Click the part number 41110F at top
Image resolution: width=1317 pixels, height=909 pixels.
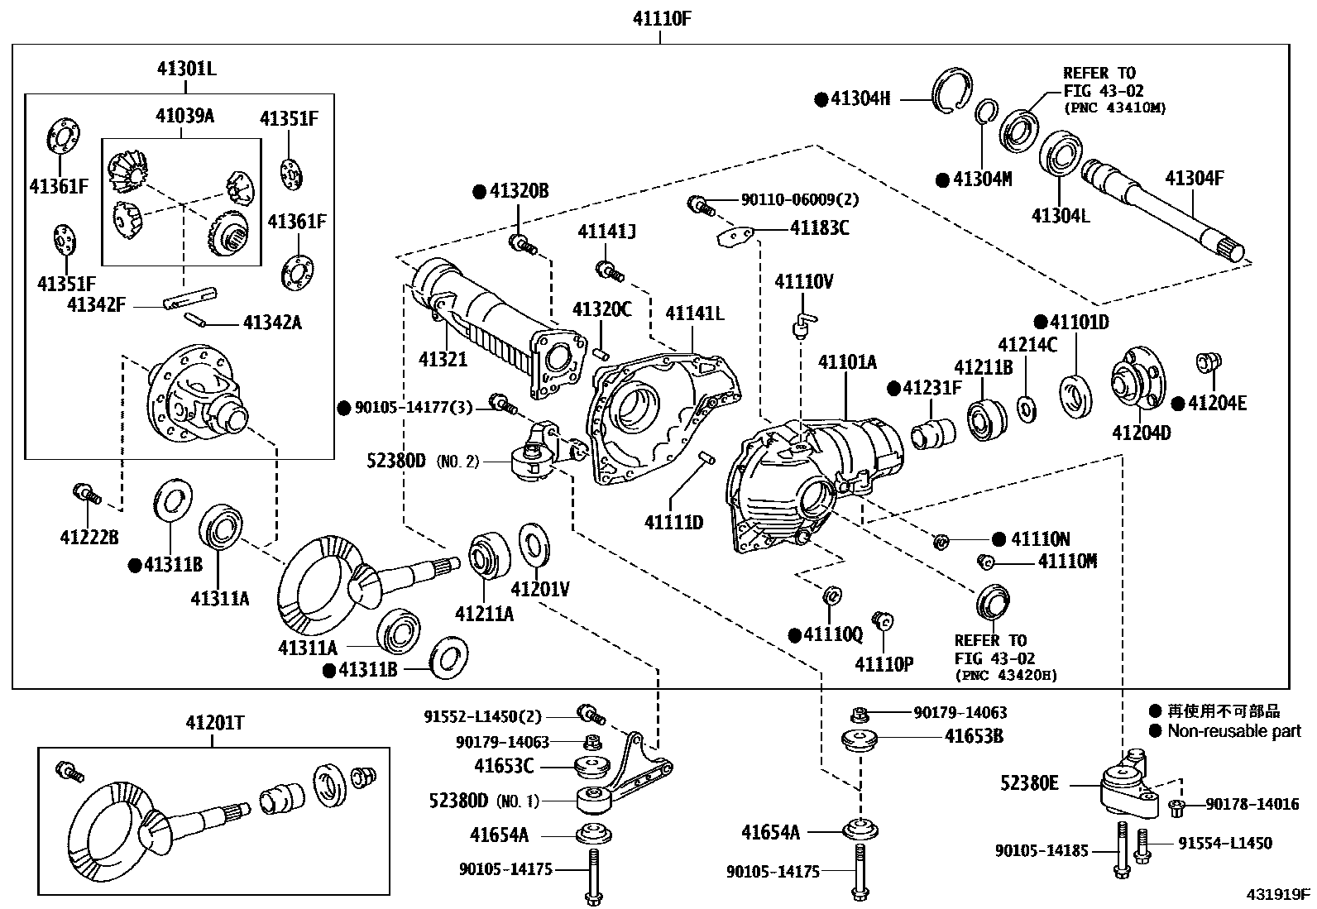pos(659,18)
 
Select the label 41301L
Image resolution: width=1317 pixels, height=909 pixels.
pos(187,69)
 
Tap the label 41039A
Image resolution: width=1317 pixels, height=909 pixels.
pos(184,116)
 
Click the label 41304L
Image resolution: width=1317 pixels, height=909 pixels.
pos(1061,215)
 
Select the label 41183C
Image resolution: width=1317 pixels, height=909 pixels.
pos(819,227)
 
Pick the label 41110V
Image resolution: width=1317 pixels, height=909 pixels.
pos(803,282)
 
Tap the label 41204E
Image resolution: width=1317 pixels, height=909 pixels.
pos(1217,403)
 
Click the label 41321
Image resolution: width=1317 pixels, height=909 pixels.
pos(443,359)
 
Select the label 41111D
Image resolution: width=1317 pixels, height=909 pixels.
pos(674,522)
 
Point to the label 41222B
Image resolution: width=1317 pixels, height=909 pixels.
pos(89,538)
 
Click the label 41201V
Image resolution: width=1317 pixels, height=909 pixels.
pos(540,589)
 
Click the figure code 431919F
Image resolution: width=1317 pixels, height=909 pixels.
pos(1279,894)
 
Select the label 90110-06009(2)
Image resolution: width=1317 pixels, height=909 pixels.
pos(788,199)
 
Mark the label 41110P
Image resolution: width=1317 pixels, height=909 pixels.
pos(884,663)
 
